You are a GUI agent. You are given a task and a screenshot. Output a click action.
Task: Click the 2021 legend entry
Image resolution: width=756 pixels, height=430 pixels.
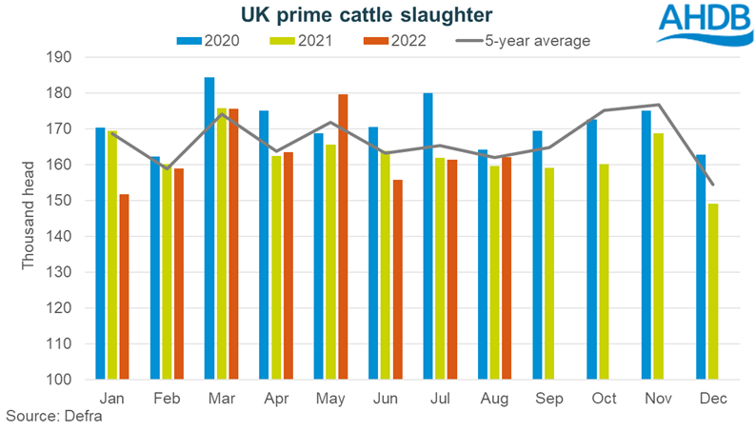click(300, 41)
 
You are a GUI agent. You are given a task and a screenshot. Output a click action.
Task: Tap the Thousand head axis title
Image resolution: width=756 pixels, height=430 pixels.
click(30, 219)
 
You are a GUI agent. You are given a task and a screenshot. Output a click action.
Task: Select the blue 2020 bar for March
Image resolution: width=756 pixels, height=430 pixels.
click(209, 228)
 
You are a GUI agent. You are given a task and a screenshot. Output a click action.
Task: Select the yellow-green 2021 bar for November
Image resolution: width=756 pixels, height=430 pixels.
click(658, 256)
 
